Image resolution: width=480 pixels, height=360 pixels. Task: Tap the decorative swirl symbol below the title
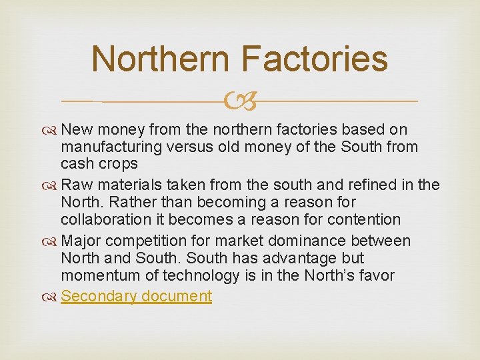(240, 103)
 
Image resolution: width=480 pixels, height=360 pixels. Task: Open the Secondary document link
(136, 296)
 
